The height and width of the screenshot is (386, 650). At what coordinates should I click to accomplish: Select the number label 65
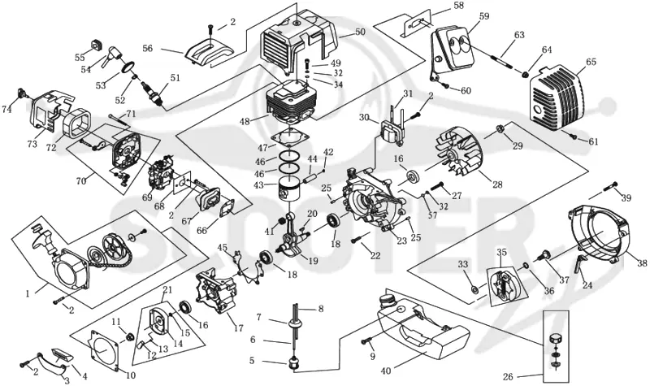click(591, 63)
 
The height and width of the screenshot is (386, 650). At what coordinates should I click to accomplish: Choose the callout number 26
click(508, 377)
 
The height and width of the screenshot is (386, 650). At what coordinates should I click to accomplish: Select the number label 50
click(360, 31)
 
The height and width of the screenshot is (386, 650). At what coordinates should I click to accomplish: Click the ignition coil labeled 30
click(392, 130)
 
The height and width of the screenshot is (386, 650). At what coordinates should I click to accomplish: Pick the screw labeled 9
click(366, 341)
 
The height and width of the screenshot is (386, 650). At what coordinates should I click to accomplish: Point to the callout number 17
click(238, 329)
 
